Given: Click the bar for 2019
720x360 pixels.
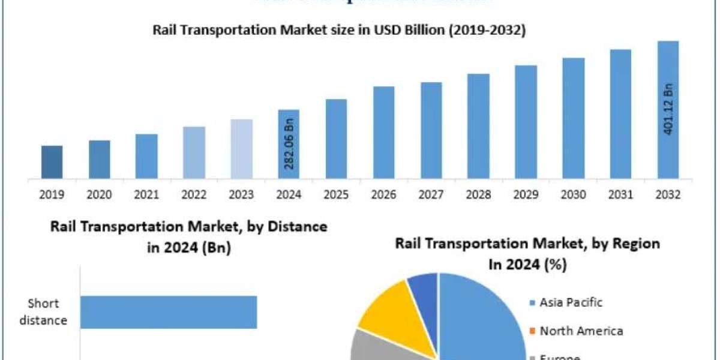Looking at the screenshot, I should (x=52, y=162).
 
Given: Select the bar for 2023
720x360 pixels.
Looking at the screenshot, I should (x=242, y=149).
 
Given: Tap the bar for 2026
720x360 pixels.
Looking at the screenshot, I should (x=383, y=133).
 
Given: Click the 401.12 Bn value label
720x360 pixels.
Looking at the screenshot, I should (x=668, y=108).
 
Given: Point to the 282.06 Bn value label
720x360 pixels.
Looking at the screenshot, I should (x=289, y=145).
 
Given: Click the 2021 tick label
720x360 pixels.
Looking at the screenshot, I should (x=146, y=195).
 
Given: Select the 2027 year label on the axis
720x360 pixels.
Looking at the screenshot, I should (x=431, y=195).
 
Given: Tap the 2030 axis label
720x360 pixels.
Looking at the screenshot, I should (x=574, y=195).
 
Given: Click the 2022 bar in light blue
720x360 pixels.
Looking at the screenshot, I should (x=194, y=152).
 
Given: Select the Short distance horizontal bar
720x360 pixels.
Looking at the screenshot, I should (x=169, y=312).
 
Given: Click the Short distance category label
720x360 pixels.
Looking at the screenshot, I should (x=43, y=312).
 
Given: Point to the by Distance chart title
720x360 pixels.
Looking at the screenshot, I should (x=189, y=236).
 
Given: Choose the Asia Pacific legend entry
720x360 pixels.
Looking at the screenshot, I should (x=571, y=302).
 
